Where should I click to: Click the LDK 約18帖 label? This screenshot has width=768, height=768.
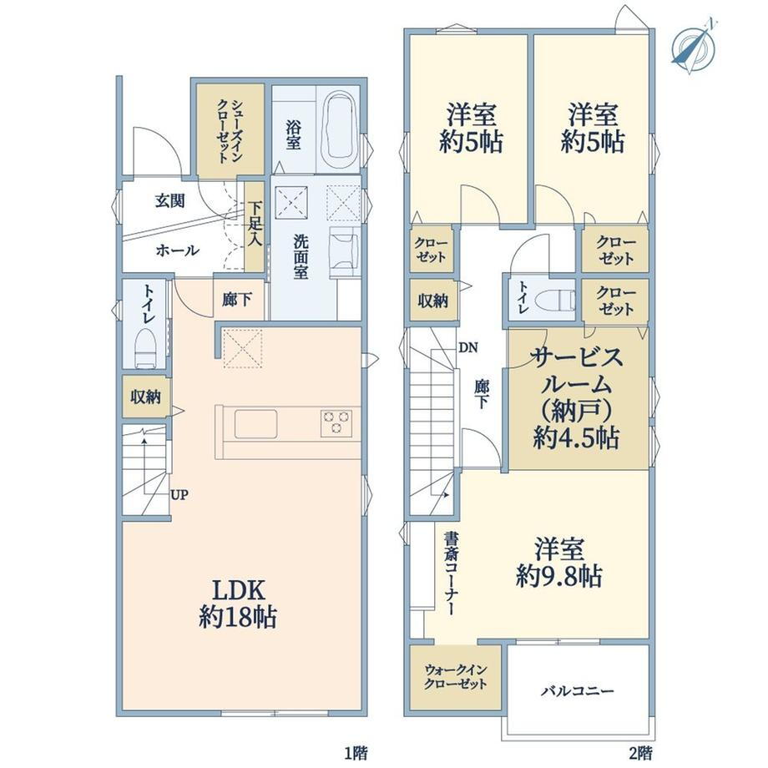pos(238,604)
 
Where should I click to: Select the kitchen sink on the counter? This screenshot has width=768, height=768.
pos(255,424)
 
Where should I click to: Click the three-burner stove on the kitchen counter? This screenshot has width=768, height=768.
pos(336,423)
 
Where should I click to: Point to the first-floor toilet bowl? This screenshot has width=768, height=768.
pos(145,346)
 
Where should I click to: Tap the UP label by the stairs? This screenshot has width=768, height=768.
pos(179,495)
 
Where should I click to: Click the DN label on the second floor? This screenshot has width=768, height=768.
pos(468,348)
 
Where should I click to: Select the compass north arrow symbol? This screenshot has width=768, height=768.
pos(694,48)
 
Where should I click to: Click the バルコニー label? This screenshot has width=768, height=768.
pos(578,691)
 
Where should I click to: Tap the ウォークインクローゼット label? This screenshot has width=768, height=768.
pos(456,676)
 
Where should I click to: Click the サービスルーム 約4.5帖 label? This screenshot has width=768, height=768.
pos(576,397)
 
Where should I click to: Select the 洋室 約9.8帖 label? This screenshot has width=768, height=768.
pos(559,563)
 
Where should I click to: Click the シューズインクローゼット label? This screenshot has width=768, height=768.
pos(230,131)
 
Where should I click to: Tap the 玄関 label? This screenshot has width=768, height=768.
pos(170,201)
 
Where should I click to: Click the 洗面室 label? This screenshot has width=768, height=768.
pos(301,256)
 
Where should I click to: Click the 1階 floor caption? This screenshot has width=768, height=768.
pos(355,752)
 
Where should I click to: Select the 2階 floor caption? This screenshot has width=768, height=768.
pos(640,752)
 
